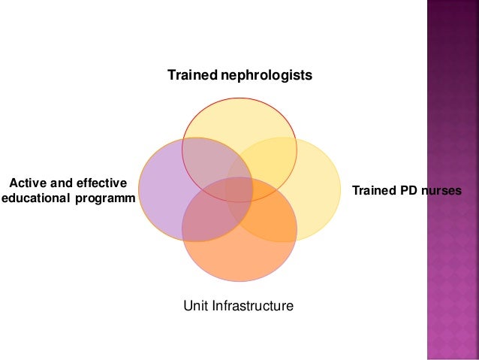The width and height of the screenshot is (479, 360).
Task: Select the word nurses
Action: click(441, 190)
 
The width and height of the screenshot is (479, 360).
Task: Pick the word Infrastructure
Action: click(254, 306)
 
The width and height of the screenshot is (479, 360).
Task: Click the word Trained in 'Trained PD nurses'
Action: click(373, 190)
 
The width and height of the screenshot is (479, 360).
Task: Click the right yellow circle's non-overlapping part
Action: click(319, 188)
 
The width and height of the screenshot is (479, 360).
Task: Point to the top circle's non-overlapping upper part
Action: click(239, 113)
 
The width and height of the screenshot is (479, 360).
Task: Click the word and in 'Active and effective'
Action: click(62, 183)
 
